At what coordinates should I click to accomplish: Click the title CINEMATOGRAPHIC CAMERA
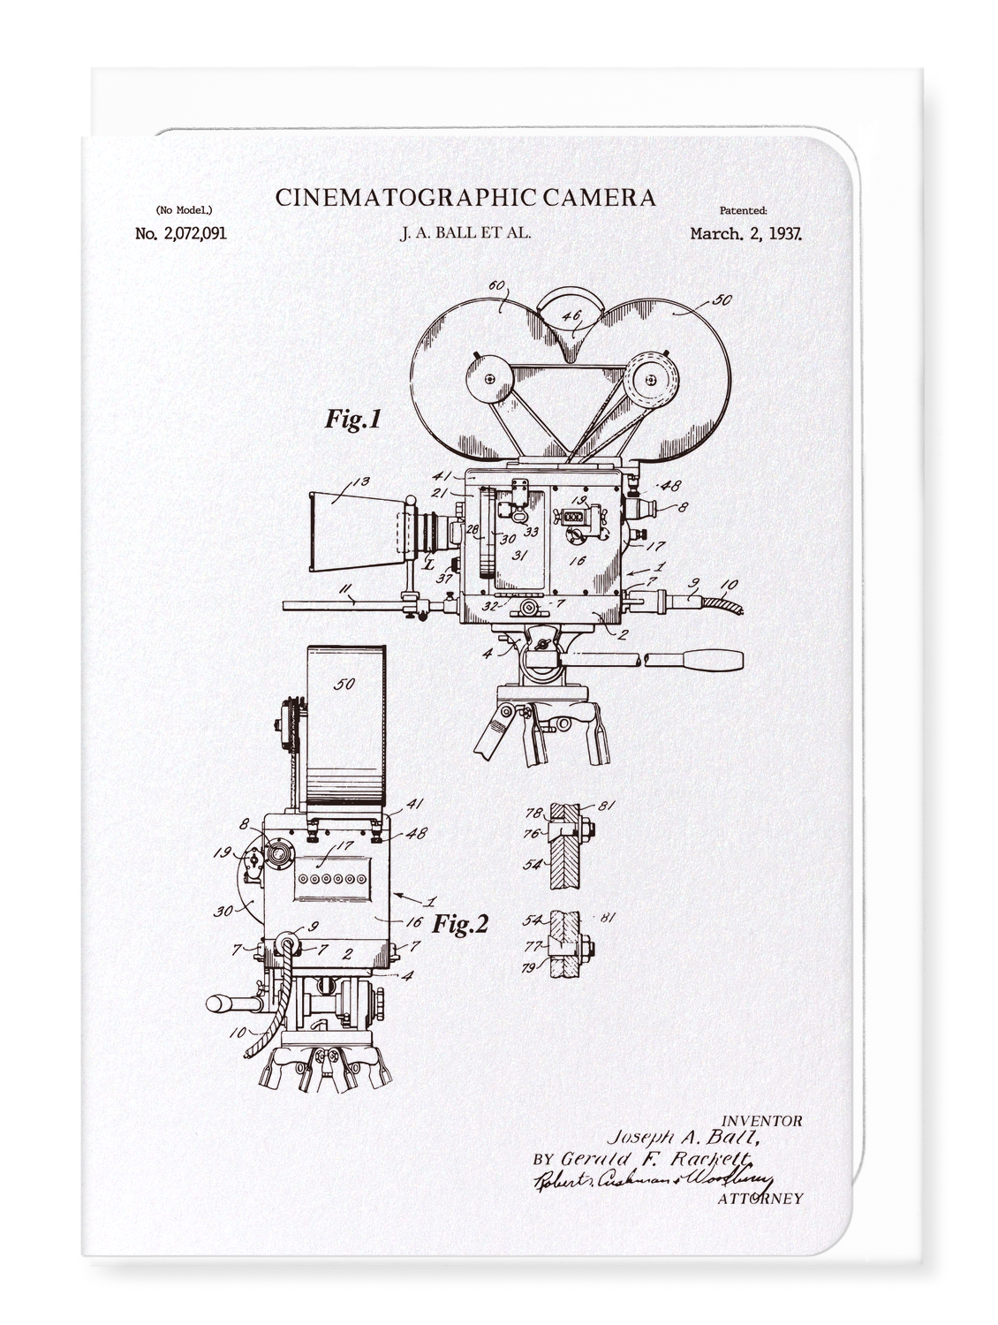465,197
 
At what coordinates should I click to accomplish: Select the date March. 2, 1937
745,234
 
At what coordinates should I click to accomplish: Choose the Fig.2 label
459,925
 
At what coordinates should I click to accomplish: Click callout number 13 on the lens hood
359,481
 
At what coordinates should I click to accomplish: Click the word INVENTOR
761,1121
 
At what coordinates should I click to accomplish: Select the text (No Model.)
184,210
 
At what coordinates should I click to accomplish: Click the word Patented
743,210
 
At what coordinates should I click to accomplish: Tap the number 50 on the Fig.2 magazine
345,683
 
